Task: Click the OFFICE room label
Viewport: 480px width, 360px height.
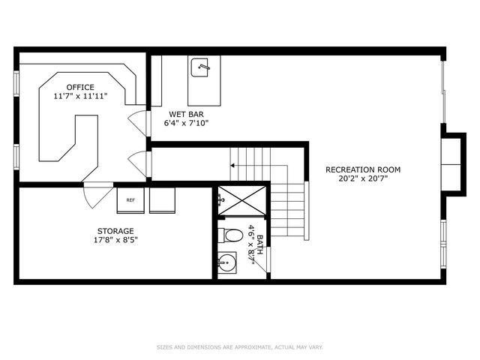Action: (80, 86)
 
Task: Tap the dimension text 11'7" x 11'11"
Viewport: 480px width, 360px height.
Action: (80, 96)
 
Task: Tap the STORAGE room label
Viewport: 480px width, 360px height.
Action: (115, 231)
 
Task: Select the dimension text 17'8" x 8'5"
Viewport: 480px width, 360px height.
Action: (115, 241)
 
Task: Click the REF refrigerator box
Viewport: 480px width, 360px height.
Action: (130, 200)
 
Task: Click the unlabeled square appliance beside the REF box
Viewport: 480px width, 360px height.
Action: (162, 200)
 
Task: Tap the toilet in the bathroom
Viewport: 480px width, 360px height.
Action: (232, 235)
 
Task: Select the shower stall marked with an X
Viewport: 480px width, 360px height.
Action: (241, 200)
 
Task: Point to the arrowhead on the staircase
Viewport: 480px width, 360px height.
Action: (232, 164)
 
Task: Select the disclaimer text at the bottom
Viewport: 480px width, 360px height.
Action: (239, 346)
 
